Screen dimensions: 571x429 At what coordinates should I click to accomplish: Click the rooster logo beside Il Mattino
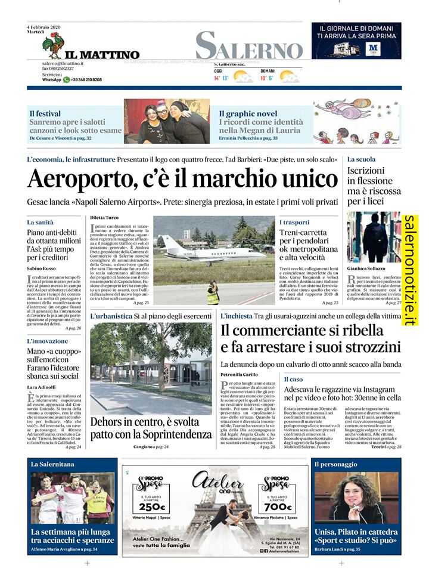[x=55, y=45]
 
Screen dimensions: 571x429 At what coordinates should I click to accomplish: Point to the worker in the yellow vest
[x=213, y=294]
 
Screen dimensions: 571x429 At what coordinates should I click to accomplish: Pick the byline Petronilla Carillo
[x=240, y=374]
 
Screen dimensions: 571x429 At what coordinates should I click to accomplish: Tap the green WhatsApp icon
[x=67, y=79]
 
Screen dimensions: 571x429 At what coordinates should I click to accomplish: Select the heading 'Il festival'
[x=45, y=113]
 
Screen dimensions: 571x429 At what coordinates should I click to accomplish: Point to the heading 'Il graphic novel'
[x=248, y=113]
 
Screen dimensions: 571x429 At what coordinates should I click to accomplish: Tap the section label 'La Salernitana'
[x=53, y=464]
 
